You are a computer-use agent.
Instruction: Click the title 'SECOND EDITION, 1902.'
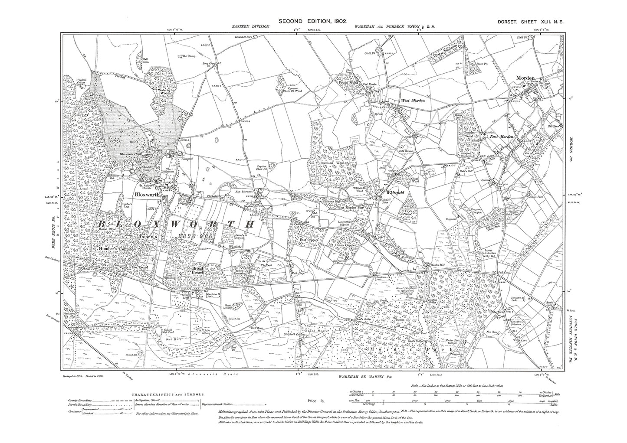pos(312,20)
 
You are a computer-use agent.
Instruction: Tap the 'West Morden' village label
pos(412,101)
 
